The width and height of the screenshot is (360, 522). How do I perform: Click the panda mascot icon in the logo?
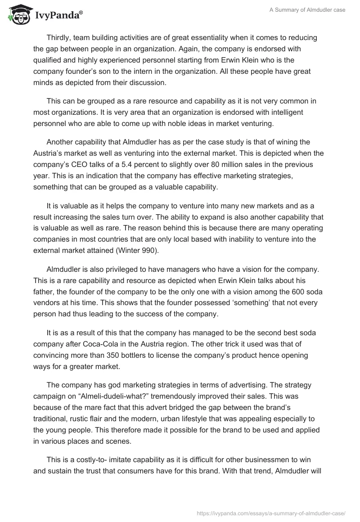[x=18, y=15]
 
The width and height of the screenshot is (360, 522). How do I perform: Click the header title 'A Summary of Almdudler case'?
[x=308, y=10]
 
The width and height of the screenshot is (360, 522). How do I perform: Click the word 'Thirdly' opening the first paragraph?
[x=59, y=37]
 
